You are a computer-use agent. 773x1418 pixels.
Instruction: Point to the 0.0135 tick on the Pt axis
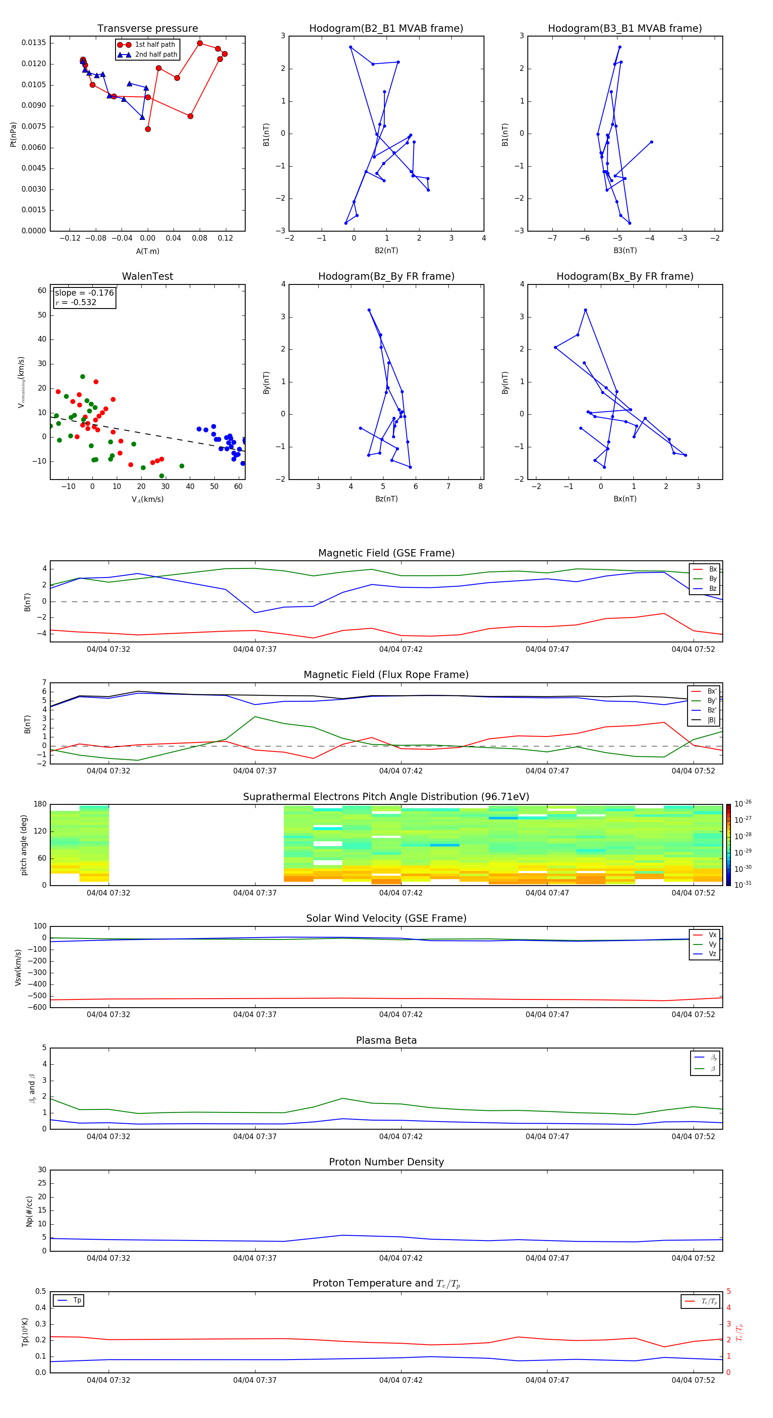[33, 43]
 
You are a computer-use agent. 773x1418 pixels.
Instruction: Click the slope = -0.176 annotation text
[84, 293]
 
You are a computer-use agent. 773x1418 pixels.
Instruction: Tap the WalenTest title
[147, 276]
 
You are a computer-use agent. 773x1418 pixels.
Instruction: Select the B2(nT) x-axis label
[386, 251]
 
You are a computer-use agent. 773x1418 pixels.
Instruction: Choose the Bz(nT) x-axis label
[386, 499]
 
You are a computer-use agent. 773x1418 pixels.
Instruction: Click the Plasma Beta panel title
[386, 1040]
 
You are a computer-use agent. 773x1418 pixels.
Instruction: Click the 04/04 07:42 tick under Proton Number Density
[401, 1258]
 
